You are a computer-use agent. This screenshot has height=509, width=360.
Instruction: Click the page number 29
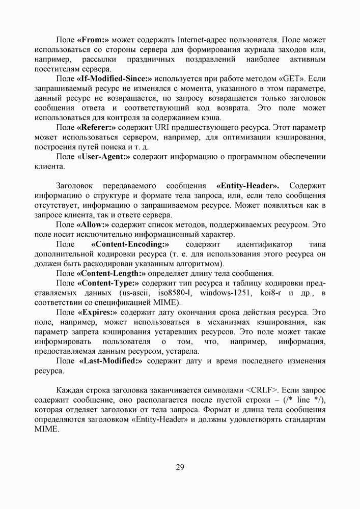(180, 467)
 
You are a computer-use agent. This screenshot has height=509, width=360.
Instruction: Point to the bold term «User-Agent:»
(104, 157)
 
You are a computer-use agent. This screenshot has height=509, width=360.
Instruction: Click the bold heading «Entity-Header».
(247, 186)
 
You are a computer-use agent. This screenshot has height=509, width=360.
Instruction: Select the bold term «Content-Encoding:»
(130, 244)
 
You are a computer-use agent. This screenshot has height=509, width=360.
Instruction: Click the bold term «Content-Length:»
(108, 273)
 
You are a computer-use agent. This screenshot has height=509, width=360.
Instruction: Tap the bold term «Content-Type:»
(108, 283)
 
